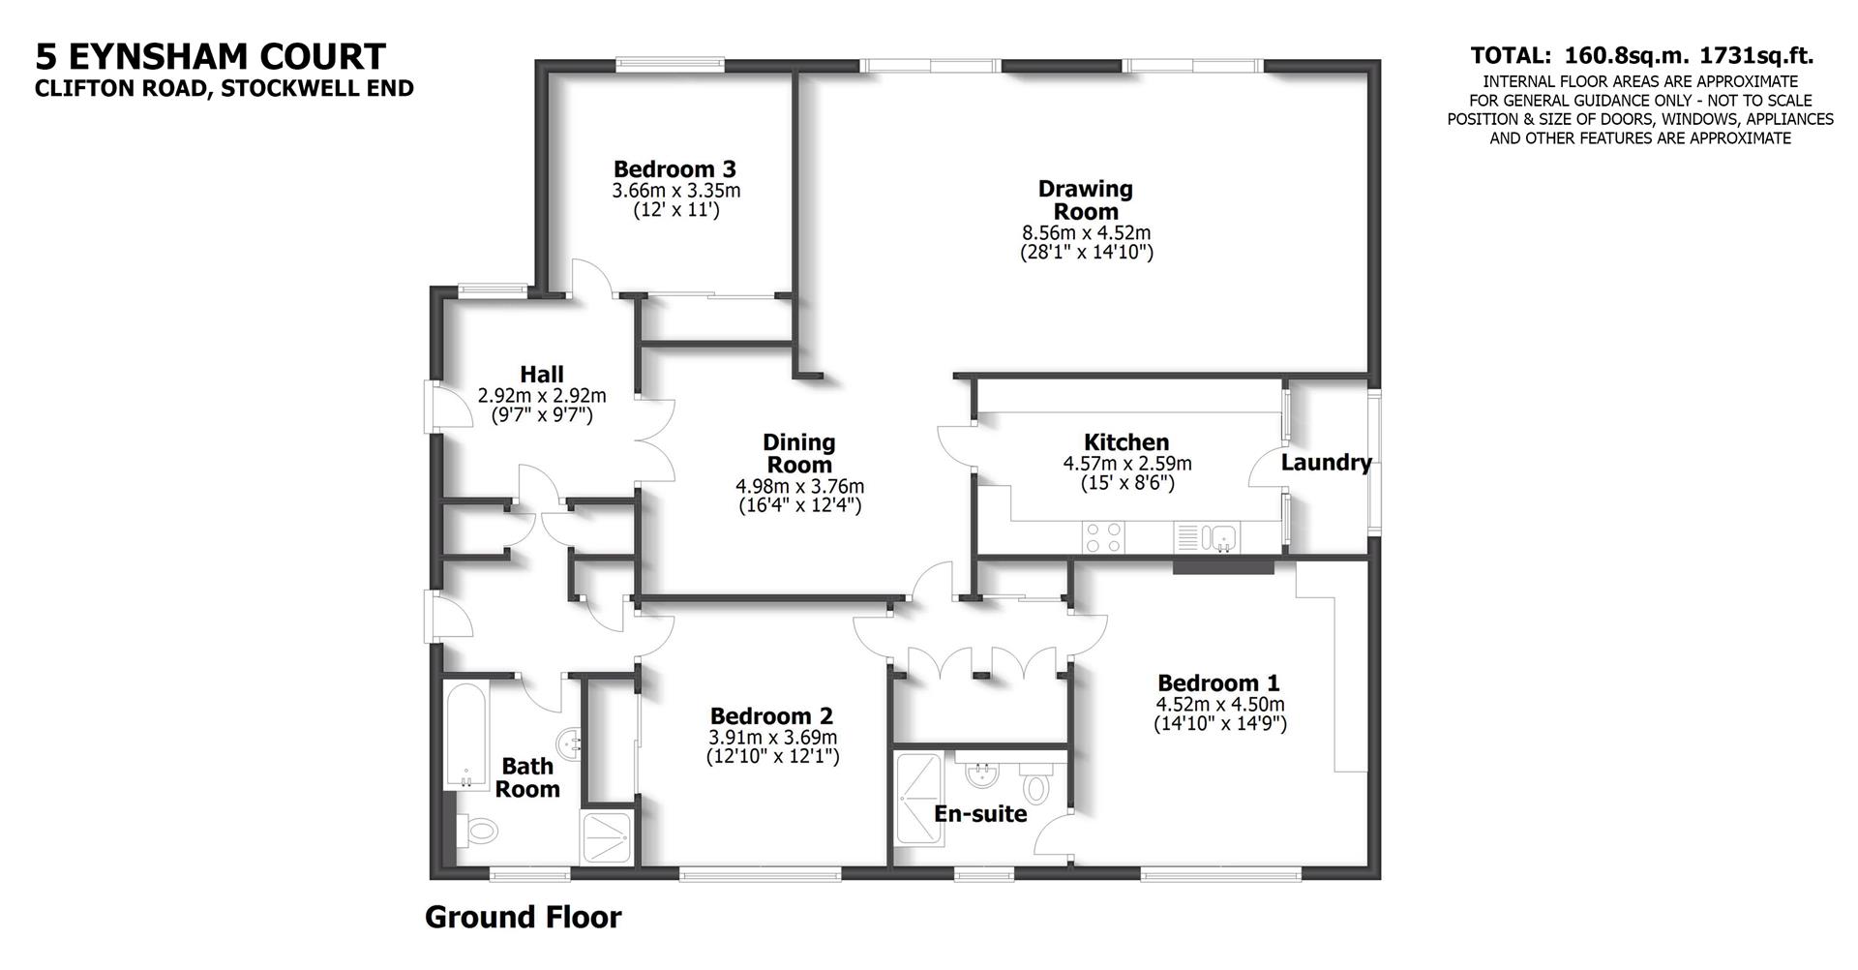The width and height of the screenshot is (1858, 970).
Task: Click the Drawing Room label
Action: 1085,199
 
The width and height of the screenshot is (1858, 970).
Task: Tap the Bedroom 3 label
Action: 674,168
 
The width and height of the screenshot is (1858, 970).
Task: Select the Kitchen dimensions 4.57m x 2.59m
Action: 1126,464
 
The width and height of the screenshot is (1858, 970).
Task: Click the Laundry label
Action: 1326,463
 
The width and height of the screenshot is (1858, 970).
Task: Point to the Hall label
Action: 542,374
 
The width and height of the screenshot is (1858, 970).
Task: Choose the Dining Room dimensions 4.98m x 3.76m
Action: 799,486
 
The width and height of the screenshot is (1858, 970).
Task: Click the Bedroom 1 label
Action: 1218,682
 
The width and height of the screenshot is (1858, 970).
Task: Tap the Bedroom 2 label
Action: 771,716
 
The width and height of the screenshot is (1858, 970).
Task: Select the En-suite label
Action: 979,814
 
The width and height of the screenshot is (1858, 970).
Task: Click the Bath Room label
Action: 527,777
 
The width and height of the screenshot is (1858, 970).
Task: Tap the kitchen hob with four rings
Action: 1104,536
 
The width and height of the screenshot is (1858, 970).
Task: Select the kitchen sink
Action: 1223,535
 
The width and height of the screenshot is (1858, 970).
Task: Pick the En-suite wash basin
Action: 982,772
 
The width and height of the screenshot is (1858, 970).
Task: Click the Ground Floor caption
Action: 523,917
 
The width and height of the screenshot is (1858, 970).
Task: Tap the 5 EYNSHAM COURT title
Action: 210,56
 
